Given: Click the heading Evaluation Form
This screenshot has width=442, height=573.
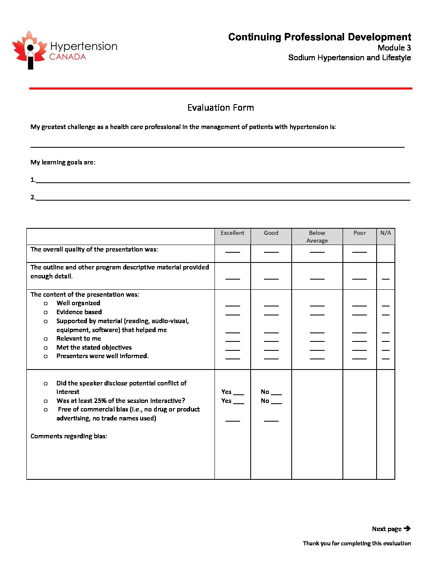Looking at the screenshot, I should (221, 108).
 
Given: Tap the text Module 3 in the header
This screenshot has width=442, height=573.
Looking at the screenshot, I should (394, 48).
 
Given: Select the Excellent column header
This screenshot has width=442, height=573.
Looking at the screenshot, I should (232, 233).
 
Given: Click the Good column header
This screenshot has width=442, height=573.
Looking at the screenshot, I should (271, 233).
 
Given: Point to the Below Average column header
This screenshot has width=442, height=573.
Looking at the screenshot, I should (317, 236).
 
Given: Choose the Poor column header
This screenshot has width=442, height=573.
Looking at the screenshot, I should (360, 233).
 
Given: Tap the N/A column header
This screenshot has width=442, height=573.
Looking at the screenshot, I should (386, 233).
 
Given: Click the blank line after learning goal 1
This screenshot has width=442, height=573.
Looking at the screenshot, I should (223, 182).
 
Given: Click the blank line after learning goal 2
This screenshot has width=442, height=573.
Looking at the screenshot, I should (223, 199).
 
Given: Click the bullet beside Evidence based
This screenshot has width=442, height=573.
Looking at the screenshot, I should (46, 313).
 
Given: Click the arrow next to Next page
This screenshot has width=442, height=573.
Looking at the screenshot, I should (407, 529).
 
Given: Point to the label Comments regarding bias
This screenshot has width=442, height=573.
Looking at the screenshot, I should (69, 436).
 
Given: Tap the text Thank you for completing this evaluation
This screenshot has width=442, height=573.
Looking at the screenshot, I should (357, 543).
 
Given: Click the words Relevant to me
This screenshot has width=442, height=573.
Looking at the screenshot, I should (79, 339).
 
